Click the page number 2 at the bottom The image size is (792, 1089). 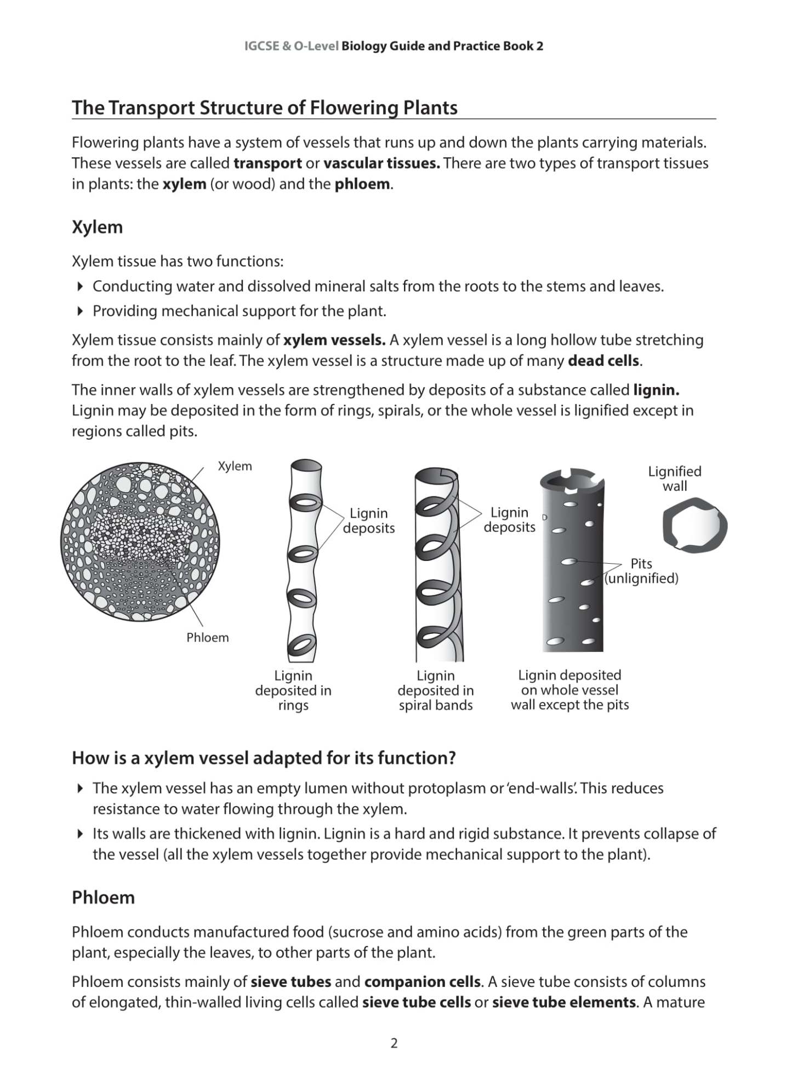pos(394,1043)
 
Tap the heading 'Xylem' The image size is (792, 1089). pos(97,227)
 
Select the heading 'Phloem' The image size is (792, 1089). pos(103,897)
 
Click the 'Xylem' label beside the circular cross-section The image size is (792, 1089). pos(235,466)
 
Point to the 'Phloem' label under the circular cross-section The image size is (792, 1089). pos(207,637)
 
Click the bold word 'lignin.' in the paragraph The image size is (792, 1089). pos(656,390)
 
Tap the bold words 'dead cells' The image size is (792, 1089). pos(603,361)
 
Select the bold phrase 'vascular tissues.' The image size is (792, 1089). pos(381,163)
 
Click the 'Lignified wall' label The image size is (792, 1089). pos(674,479)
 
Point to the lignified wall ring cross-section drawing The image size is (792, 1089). pos(694,525)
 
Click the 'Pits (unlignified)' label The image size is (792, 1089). pos(641,571)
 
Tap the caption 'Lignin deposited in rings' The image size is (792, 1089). pos(293,690)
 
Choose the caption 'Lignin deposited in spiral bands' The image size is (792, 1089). pos(436,690)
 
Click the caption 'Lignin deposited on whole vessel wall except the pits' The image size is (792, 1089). pos(569,690)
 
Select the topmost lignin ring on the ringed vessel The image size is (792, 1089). pos(305,502)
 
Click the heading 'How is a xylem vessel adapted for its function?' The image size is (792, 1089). pos(264,758)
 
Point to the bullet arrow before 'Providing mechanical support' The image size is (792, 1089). pos(80,311)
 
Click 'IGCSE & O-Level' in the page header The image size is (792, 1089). pos(291,46)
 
